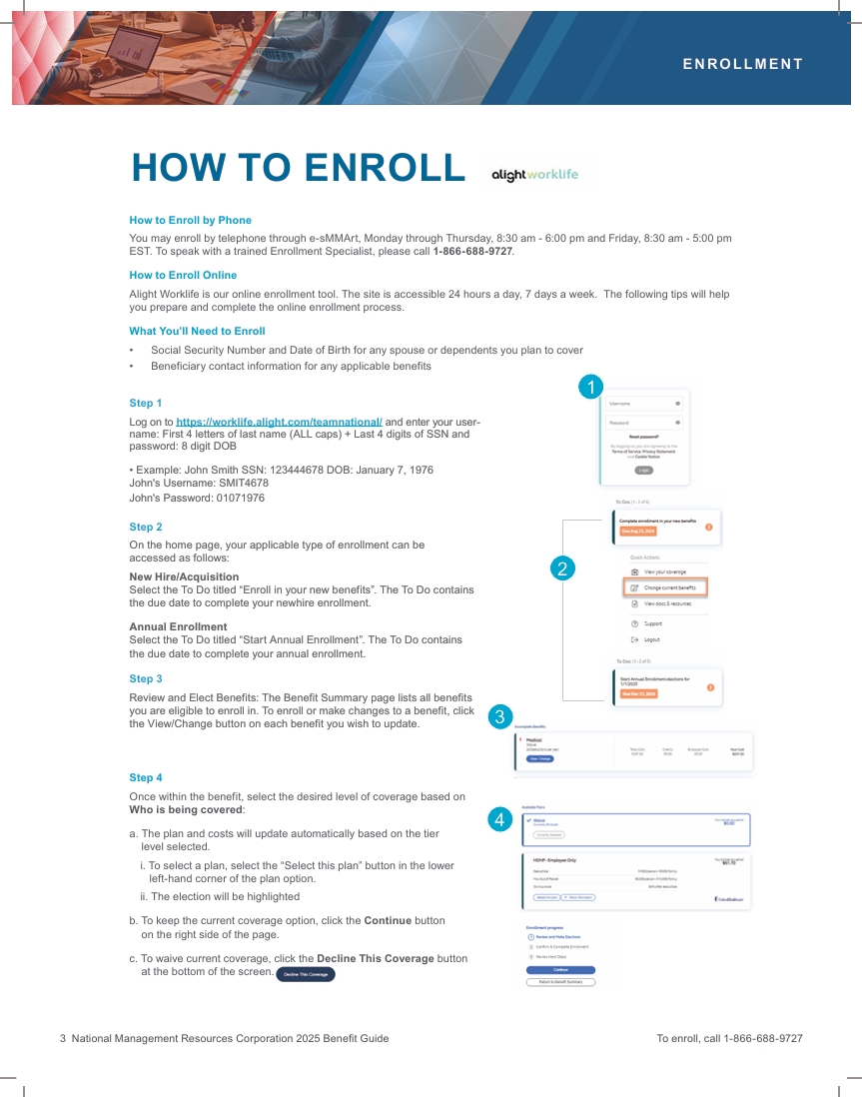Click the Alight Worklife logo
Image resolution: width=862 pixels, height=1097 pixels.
[x=534, y=174]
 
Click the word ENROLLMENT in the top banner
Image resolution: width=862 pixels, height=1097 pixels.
[x=742, y=64]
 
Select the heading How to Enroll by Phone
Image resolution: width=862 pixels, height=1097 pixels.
[x=190, y=220]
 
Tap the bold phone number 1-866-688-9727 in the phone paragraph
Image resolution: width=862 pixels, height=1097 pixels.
[x=472, y=251]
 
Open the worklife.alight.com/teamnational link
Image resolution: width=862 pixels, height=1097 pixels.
[x=279, y=422]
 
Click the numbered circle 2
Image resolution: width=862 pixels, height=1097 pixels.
[x=562, y=568]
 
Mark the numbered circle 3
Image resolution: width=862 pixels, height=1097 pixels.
[x=500, y=715]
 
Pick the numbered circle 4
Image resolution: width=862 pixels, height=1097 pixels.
[x=500, y=819]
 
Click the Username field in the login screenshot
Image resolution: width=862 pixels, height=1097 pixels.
[x=643, y=404]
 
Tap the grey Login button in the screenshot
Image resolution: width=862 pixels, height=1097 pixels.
[x=644, y=469]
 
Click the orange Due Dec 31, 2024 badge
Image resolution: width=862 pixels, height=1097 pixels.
[x=638, y=692]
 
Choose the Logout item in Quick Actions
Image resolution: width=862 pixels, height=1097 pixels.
[x=644, y=639]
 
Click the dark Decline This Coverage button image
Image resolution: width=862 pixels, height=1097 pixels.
[x=306, y=974]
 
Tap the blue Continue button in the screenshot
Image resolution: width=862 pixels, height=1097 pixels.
[x=560, y=969]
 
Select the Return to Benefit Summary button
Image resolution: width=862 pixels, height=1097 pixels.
[x=560, y=982]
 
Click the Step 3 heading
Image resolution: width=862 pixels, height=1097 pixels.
[x=146, y=678]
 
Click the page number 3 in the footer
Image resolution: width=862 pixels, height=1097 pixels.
[x=63, y=1038]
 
